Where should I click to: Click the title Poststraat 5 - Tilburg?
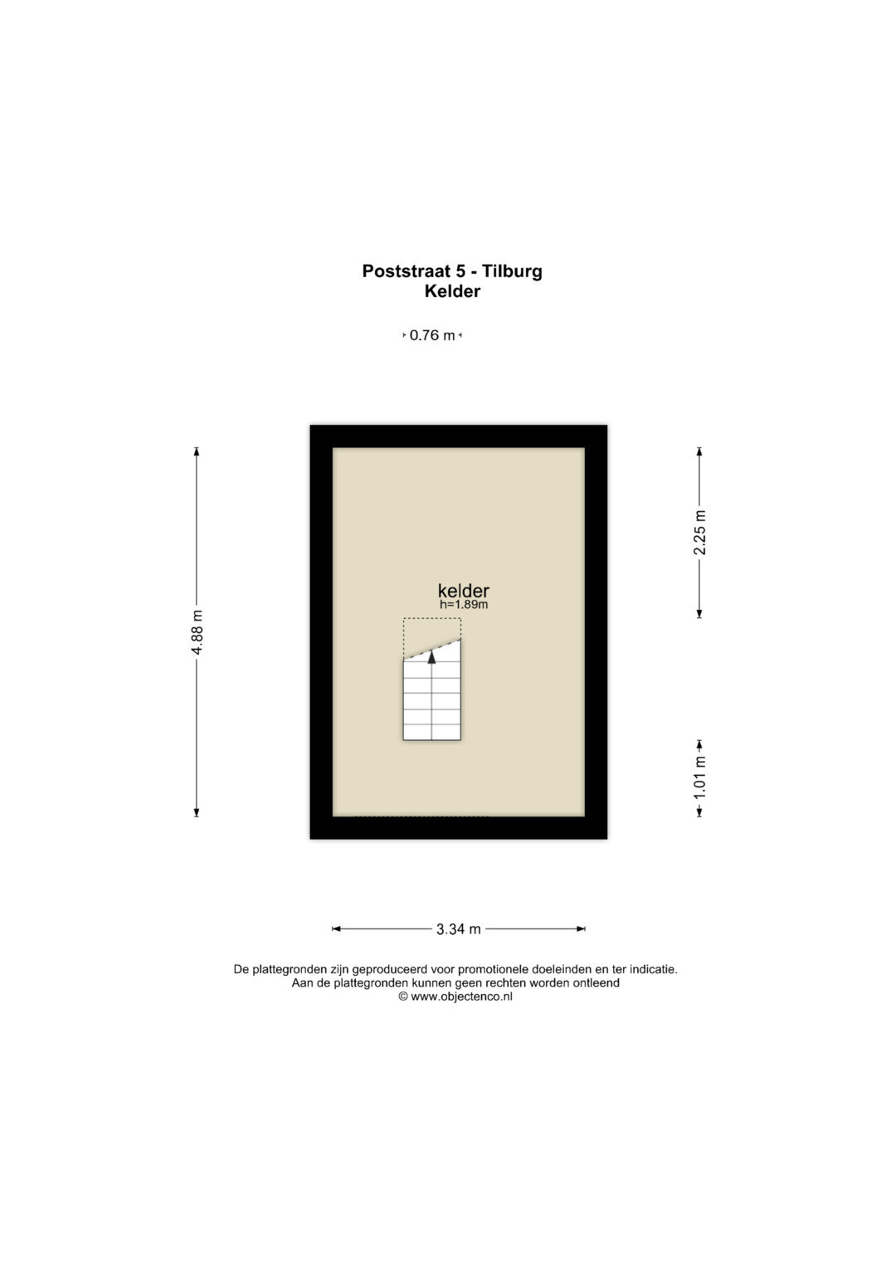pos(452,271)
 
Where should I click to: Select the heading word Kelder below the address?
pos(452,291)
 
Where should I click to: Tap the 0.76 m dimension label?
pos(432,335)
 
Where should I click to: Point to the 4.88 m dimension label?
pos(197,631)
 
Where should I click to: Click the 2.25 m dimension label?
pos(699,532)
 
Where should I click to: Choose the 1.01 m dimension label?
pos(699,778)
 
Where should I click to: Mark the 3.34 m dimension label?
pos(458,928)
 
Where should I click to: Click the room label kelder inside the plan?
pos(463,591)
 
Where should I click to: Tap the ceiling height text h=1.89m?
pos(464,605)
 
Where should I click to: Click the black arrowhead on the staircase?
pos(432,656)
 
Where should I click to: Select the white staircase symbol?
pos(432,690)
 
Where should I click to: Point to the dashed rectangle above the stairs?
pos(432,619)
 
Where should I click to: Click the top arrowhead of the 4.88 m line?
pos(197,451)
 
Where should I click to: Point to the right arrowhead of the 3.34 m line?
pos(581,928)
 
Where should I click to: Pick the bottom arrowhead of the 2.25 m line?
pos(699,614)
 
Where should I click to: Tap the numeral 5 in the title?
pos(461,271)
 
